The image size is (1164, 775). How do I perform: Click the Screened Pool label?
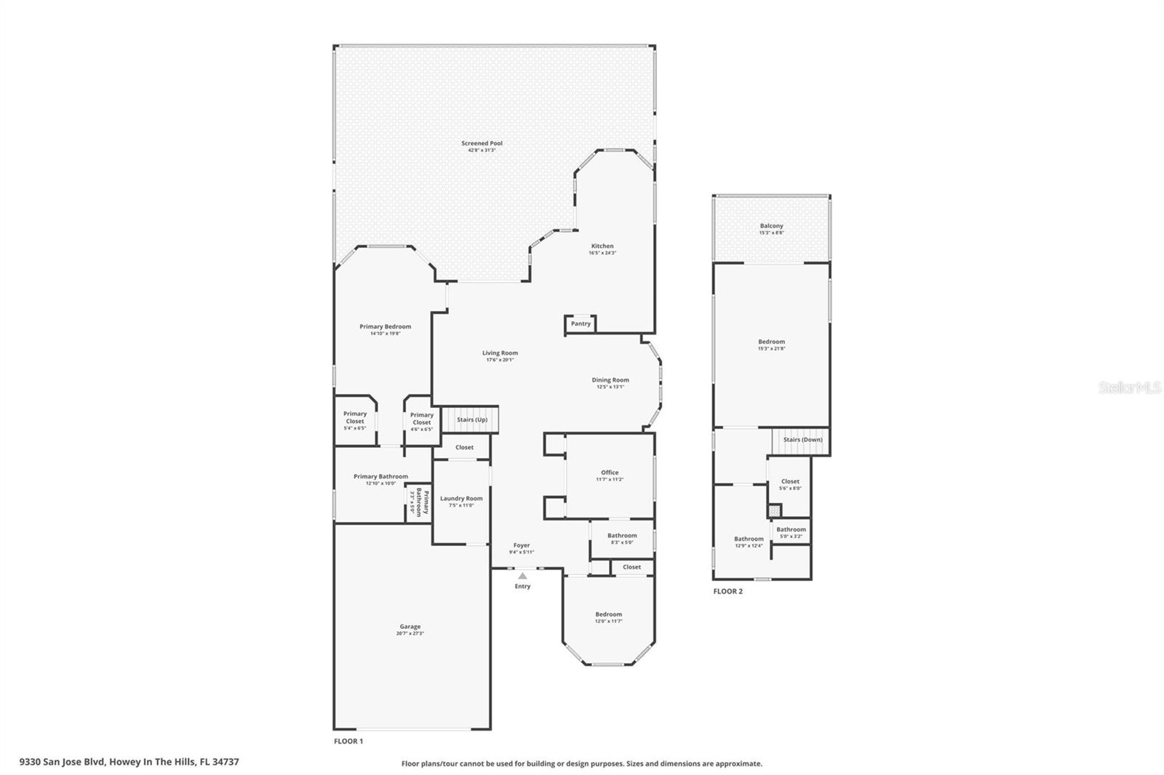[482, 144]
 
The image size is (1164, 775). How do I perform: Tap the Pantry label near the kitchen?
[581, 324]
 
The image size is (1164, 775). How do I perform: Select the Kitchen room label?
[602, 246]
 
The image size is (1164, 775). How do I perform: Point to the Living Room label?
[500, 353]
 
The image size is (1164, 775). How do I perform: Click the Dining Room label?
[610, 380]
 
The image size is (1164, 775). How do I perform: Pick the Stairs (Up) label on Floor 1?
[472, 419]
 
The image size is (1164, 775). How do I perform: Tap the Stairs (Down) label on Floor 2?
[802, 440]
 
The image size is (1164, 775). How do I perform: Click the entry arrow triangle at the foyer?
[522, 576]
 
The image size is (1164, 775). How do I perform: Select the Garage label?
[410, 627]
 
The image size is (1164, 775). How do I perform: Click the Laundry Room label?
[461, 499]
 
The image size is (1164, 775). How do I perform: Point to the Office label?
[610, 473]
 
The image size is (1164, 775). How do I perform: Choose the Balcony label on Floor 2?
[771, 226]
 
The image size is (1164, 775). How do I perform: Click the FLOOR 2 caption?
[727, 592]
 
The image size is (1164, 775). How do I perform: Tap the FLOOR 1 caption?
[348, 742]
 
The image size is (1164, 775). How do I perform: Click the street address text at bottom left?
[129, 762]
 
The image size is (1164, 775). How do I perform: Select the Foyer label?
[522, 545]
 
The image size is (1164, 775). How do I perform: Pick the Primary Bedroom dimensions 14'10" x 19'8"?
[385, 334]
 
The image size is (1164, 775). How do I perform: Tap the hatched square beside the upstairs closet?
[774, 511]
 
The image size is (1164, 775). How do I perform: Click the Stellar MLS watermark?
[1130, 388]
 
